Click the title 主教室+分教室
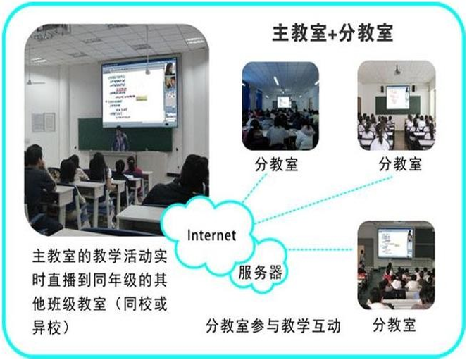332,34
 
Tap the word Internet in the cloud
211,235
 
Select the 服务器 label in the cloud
260,272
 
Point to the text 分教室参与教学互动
273,325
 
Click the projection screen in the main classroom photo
139,92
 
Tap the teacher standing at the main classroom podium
120,140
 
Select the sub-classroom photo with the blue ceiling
280,106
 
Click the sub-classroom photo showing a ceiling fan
396,105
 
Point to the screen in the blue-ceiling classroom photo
284,101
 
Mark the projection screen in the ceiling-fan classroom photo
397,97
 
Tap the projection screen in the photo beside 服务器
394,242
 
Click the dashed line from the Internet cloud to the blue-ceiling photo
254,190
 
